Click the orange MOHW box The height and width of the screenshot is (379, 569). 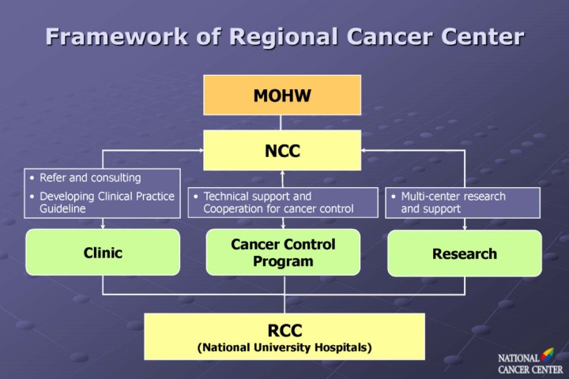(x=281, y=95)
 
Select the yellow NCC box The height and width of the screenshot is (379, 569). (x=281, y=150)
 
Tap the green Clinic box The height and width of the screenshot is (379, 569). (x=103, y=253)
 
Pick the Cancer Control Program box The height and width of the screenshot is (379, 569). (x=283, y=252)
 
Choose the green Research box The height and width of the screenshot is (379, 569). (x=465, y=253)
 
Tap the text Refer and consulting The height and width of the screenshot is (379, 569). (x=90, y=178)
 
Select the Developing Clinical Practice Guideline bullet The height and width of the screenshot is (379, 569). (x=107, y=202)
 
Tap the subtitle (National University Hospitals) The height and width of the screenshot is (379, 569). (x=284, y=346)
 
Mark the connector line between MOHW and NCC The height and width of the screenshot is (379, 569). (x=282, y=122)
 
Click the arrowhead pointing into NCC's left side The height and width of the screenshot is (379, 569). (x=199, y=150)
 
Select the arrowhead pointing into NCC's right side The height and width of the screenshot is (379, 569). (x=365, y=150)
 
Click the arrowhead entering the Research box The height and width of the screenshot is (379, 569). (x=465, y=227)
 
